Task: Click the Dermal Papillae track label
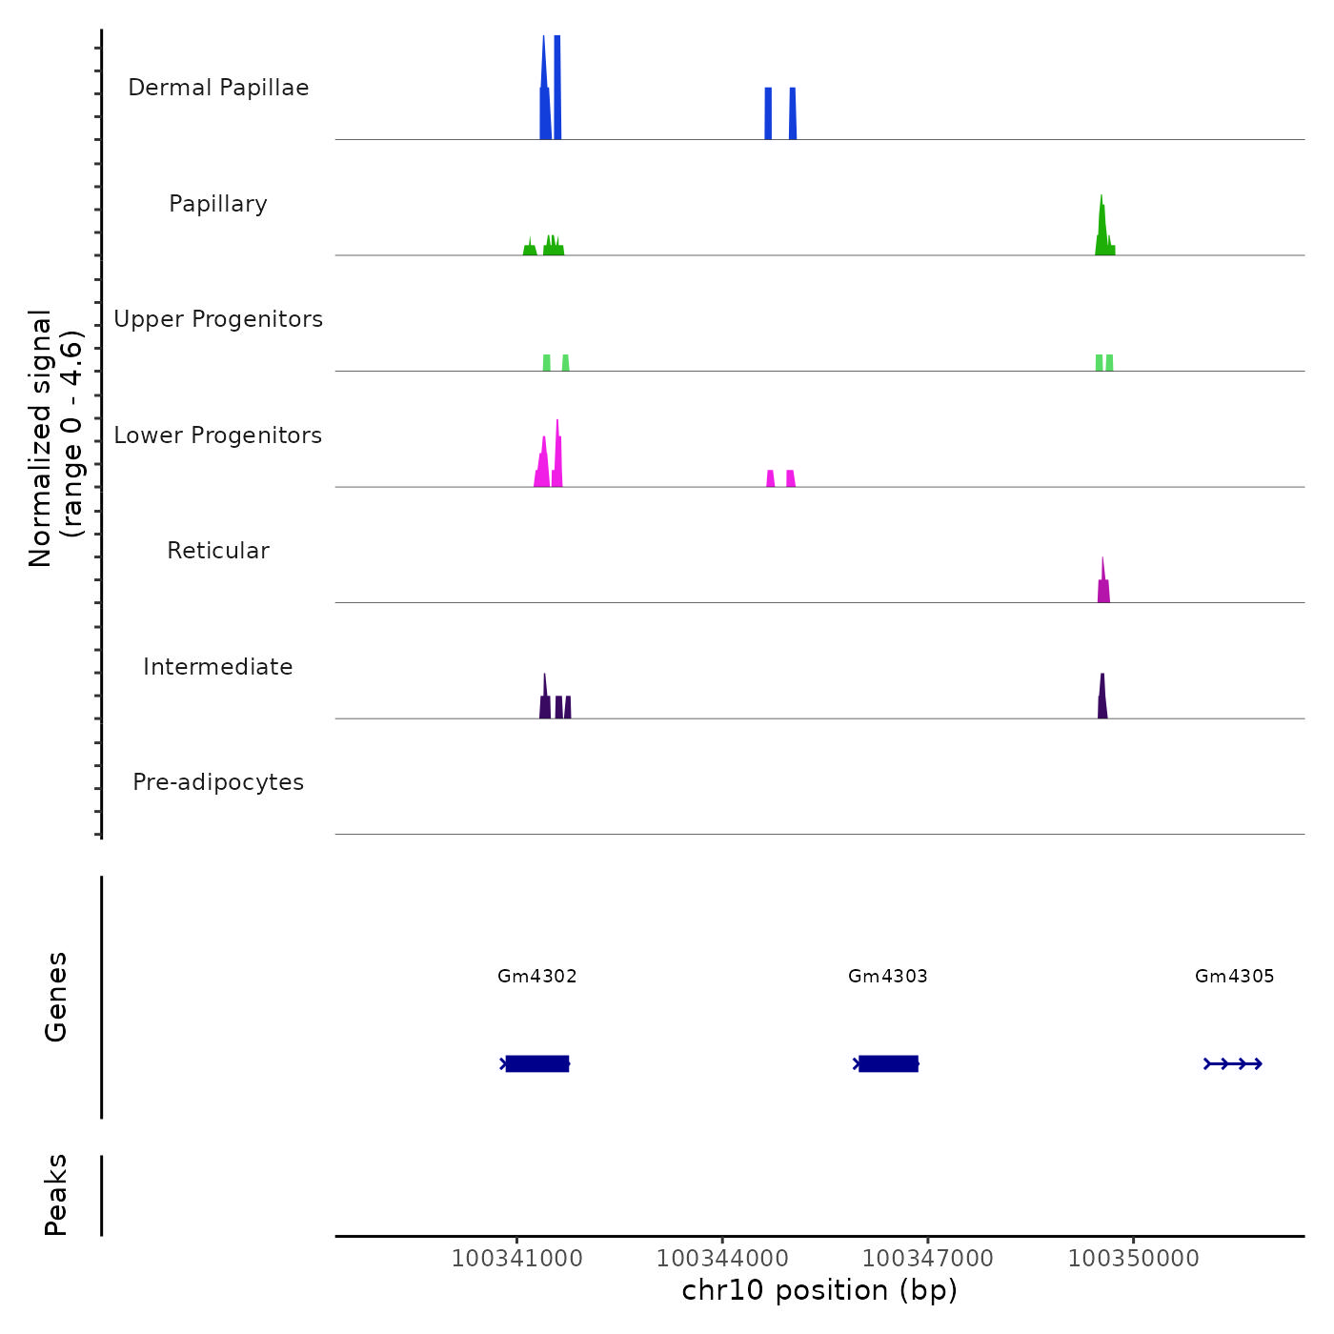coord(218,88)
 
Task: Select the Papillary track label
coord(218,204)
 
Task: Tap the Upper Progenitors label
coord(218,319)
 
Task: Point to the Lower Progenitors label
coord(218,435)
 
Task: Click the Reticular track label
coord(218,551)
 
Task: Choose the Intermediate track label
coord(218,667)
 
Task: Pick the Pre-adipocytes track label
coord(218,782)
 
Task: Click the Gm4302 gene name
coord(537,976)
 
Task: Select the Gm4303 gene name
coord(888,976)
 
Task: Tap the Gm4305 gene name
coord(1235,976)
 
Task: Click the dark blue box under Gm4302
coord(537,1063)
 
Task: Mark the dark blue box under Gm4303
coord(888,1063)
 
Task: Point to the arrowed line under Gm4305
coord(1233,1063)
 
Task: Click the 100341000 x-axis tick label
coord(516,1258)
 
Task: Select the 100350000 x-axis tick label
coord(1134,1258)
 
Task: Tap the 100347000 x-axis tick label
coord(928,1258)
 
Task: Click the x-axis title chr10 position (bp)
coord(819,1290)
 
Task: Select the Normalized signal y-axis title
coord(55,438)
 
